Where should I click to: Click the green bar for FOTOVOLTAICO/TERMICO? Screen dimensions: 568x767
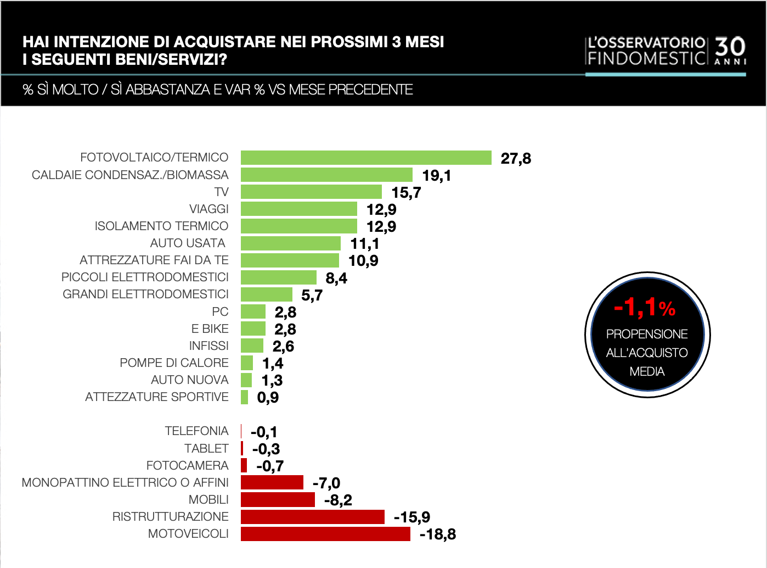pyautogui.click(x=366, y=158)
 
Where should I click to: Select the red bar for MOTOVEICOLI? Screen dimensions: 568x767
pyautogui.click(x=325, y=534)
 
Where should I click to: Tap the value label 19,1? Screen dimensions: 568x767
pyautogui.click(x=436, y=176)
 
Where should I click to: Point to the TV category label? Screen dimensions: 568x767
pyautogui.click(x=221, y=192)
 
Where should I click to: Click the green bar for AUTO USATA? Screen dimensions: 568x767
pyautogui.click(x=291, y=243)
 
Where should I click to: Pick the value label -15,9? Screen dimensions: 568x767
pyautogui.click(x=411, y=517)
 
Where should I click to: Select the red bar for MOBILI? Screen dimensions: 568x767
pyautogui.click(x=278, y=500)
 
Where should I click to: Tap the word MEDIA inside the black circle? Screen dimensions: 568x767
pyautogui.click(x=647, y=372)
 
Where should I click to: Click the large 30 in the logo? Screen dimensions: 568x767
pyautogui.click(x=730, y=47)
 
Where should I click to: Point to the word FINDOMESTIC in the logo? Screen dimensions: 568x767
pyautogui.click(x=646, y=58)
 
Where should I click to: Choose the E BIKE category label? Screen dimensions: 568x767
pyautogui.click(x=210, y=328)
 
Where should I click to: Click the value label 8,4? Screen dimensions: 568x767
pyautogui.click(x=336, y=278)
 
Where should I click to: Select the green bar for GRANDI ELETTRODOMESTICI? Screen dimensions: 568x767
pyautogui.click(x=267, y=294)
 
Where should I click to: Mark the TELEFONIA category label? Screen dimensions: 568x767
pyautogui.click(x=196, y=431)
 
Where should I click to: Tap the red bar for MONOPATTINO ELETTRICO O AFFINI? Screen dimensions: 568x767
pyautogui.click(x=272, y=483)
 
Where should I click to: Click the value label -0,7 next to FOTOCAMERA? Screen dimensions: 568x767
pyautogui.click(x=270, y=466)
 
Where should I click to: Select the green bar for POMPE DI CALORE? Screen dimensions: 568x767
pyautogui.click(x=247, y=363)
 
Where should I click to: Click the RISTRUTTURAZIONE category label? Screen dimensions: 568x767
pyautogui.click(x=170, y=517)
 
